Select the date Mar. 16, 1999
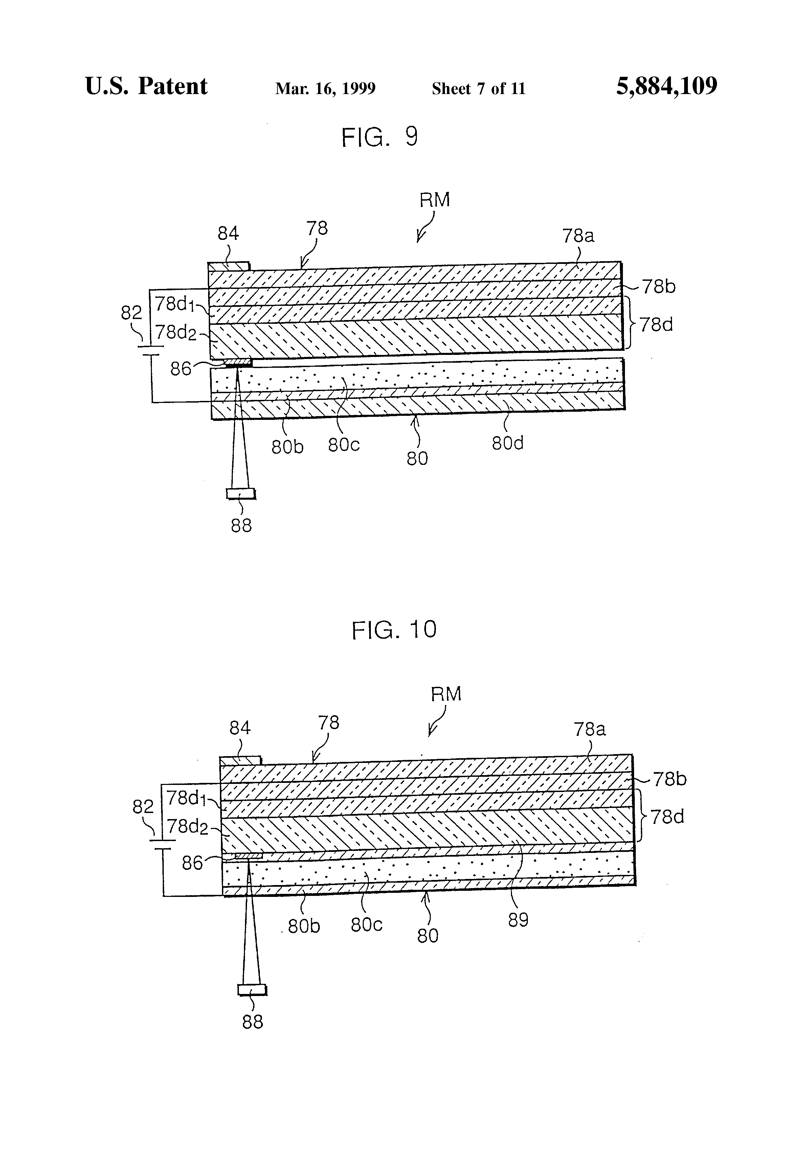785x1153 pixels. pos(325,89)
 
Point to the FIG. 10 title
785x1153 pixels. pos(394,630)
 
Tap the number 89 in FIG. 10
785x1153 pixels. pos(518,920)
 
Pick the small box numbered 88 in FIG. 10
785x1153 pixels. pos(252,990)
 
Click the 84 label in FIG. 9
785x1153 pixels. pos(228,233)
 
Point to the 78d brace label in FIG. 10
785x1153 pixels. pos(667,817)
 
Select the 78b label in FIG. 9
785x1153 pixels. pos(658,287)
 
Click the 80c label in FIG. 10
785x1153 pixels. pos(366,925)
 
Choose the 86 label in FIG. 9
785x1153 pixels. pos(181,369)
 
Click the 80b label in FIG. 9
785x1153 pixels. pos(287,447)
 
